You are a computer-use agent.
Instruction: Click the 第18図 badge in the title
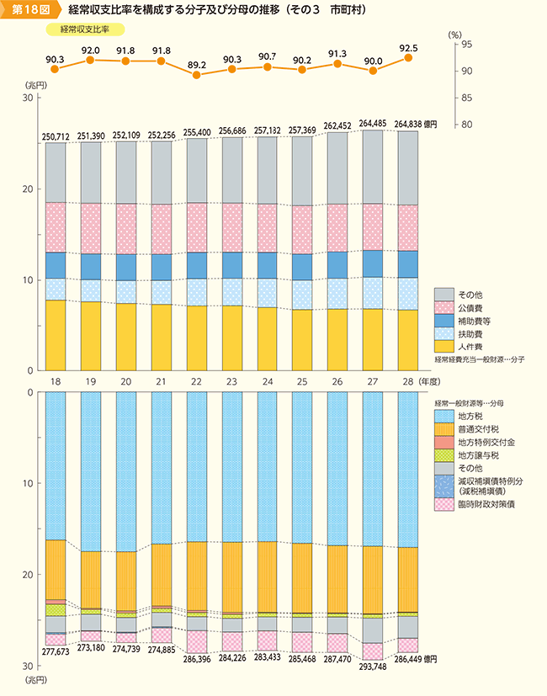(29, 11)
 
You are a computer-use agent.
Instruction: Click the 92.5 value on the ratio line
(408, 48)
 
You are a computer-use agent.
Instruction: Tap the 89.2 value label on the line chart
(197, 63)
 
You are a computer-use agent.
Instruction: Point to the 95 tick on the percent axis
(465, 44)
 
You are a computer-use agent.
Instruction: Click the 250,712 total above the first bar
(56, 136)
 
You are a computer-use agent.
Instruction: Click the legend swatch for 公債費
(443, 307)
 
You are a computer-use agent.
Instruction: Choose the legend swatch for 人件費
(443, 345)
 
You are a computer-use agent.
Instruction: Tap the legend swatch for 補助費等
(443, 320)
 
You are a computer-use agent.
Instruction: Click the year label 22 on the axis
(197, 382)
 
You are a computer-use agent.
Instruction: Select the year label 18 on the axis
(56, 382)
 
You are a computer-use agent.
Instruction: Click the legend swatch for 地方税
(443, 415)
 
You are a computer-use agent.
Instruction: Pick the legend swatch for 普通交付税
(443, 428)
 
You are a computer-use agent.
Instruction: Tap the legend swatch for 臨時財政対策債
(443, 503)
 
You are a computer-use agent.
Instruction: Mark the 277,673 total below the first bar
(56, 653)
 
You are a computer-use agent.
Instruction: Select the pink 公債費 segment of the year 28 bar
(408, 227)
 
